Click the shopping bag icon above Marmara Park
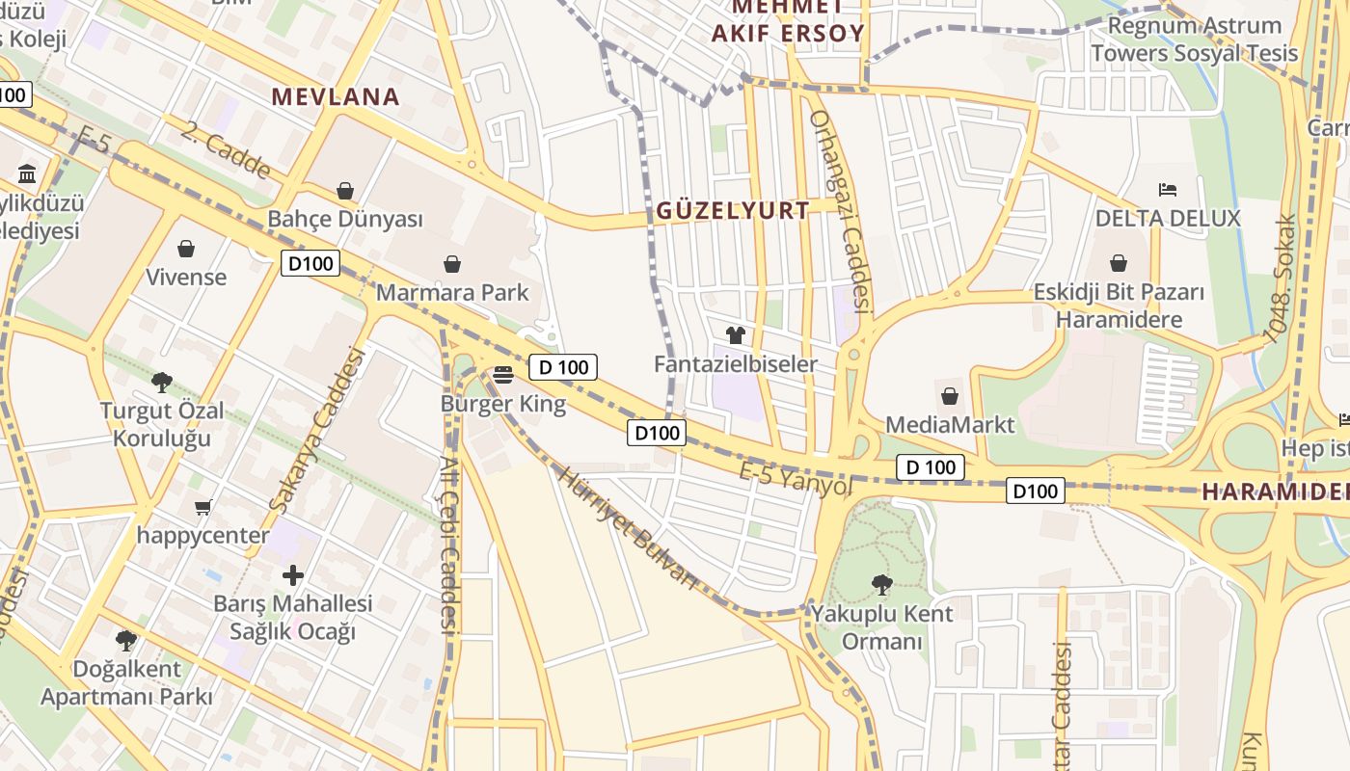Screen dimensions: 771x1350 [451, 264]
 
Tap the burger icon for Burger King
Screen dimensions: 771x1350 [502, 374]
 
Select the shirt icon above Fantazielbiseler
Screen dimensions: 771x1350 [736, 335]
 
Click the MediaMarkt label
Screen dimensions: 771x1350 [950, 424]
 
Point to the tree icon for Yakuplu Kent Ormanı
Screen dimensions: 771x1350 [881, 584]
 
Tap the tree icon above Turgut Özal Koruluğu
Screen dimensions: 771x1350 [162, 382]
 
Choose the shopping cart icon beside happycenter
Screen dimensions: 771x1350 [202, 507]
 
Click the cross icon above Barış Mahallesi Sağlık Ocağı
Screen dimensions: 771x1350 [293, 576]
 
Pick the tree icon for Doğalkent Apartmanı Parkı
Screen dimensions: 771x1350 [125, 640]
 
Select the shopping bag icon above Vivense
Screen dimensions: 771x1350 [186, 249]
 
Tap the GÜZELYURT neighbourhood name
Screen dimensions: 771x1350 [733, 211]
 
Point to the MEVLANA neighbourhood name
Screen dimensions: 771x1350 [336, 96]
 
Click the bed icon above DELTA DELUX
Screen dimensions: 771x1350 [1168, 189]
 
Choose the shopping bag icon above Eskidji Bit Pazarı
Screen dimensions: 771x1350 [1119, 263]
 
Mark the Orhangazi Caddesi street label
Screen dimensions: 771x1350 [840, 212]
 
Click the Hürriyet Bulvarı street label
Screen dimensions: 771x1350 [627, 527]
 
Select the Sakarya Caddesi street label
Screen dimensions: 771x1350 [319, 430]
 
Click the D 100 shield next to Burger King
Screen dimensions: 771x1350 [563, 367]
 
